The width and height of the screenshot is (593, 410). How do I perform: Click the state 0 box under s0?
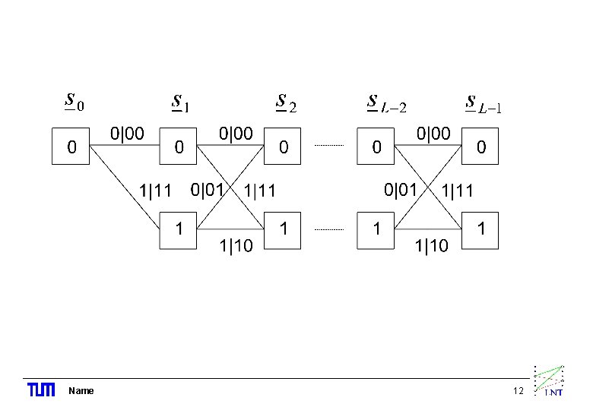point(71,147)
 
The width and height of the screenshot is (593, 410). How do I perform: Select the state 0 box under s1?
point(178,147)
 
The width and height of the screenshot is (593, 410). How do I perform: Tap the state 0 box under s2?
point(283,147)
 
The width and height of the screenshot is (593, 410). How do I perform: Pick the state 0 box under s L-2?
point(376,147)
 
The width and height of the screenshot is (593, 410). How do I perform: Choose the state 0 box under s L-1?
point(480,147)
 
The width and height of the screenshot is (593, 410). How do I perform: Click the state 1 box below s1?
point(178,227)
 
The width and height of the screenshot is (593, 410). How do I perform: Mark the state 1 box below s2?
point(283,227)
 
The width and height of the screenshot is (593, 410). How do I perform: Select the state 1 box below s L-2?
point(376,227)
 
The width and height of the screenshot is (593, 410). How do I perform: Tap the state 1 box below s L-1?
point(480,227)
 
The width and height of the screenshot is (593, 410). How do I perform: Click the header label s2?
point(286,102)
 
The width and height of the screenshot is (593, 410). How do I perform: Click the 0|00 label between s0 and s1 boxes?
point(127,134)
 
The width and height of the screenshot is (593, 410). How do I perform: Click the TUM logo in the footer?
point(41,390)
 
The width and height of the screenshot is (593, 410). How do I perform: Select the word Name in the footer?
point(81,391)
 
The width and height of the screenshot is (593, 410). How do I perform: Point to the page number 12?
point(519,391)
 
